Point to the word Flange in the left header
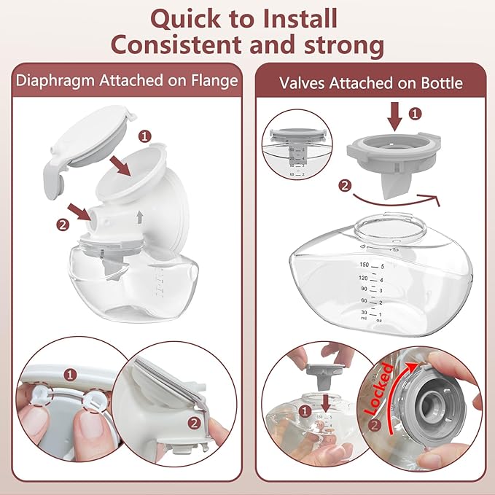tap(214, 81)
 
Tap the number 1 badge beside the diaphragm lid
tap(144, 136)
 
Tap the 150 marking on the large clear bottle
tap(363, 265)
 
